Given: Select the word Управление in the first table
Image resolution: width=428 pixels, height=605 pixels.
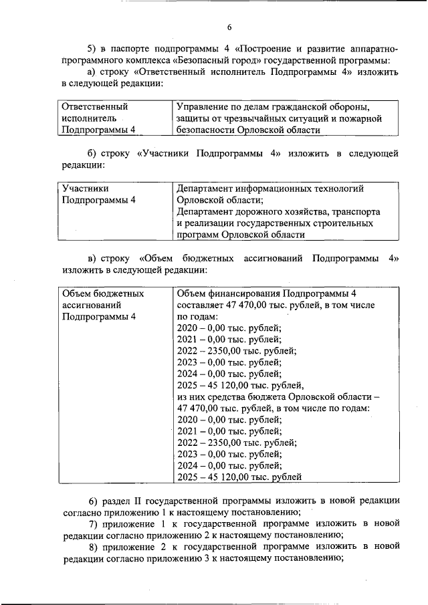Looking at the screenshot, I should pyautogui.click(x=203, y=106).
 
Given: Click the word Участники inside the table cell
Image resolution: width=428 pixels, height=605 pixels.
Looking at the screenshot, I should pyautogui.click(x=85, y=189).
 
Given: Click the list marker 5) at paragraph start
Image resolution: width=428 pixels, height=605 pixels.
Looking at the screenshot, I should pyautogui.click(x=94, y=49).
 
